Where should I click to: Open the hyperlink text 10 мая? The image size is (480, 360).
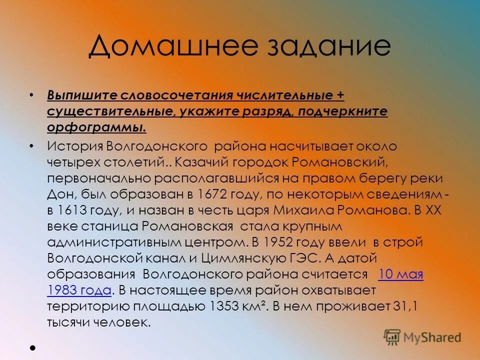[401, 274]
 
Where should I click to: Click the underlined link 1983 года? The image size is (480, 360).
[79, 290]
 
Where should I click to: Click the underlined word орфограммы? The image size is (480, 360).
[96, 127]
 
